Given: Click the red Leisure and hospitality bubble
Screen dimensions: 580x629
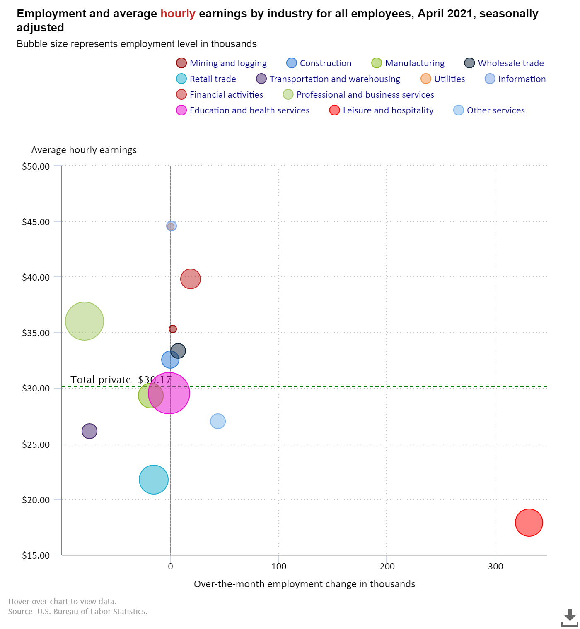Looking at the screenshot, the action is click(529, 523).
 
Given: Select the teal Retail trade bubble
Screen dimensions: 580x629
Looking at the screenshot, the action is click(154, 480).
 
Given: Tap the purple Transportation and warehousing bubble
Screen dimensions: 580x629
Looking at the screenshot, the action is click(89, 431).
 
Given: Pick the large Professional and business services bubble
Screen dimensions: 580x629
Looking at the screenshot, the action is click(85, 321).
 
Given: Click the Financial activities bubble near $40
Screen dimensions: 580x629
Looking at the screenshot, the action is click(190, 279).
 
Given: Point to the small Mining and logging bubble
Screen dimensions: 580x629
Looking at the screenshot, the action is click(173, 329).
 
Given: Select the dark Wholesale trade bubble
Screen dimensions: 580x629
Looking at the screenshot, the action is click(178, 351).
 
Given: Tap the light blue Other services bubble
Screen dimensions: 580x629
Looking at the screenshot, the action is click(218, 421).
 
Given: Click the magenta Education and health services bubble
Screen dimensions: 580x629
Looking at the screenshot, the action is click(169, 393).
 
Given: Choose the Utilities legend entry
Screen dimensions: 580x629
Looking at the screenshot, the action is click(443, 79).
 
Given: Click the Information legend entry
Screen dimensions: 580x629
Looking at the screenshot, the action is click(515, 79).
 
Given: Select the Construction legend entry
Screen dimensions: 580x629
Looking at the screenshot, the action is click(319, 63).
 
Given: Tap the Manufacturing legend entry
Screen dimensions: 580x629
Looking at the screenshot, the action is click(408, 63).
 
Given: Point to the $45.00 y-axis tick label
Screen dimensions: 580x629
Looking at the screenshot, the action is click(36, 222).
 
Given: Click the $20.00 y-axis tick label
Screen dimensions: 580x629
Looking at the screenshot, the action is click(36, 500).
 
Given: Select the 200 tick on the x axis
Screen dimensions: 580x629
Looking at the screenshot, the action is click(387, 566).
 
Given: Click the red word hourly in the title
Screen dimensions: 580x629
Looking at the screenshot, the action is click(178, 14).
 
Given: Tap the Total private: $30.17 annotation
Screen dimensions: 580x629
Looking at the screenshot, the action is click(121, 379).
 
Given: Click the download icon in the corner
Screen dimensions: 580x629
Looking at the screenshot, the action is click(569, 618).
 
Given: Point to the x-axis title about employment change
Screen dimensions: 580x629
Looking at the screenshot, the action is click(304, 584).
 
